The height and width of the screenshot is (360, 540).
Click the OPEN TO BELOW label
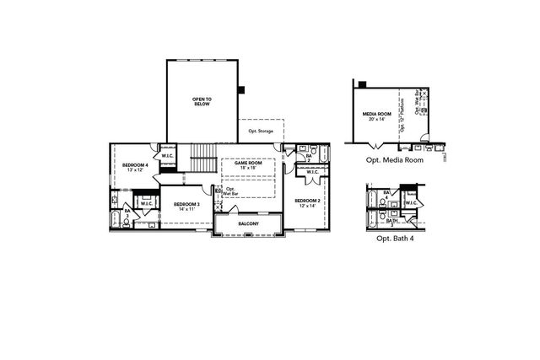[202, 101]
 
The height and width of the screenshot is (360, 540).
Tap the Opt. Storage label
[261, 131]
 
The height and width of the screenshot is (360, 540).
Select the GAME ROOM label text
[248, 162]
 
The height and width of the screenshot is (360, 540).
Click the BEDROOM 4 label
[135, 164]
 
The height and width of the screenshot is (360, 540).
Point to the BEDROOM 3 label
[186, 204]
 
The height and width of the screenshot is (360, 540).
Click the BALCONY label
[248, 223]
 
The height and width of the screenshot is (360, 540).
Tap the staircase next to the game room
[202, 157]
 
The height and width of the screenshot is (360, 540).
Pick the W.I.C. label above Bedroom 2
[311, 172]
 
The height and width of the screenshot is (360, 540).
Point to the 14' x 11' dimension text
[186, 209]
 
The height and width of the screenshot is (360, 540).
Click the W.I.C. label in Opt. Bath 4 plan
[411, 203]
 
